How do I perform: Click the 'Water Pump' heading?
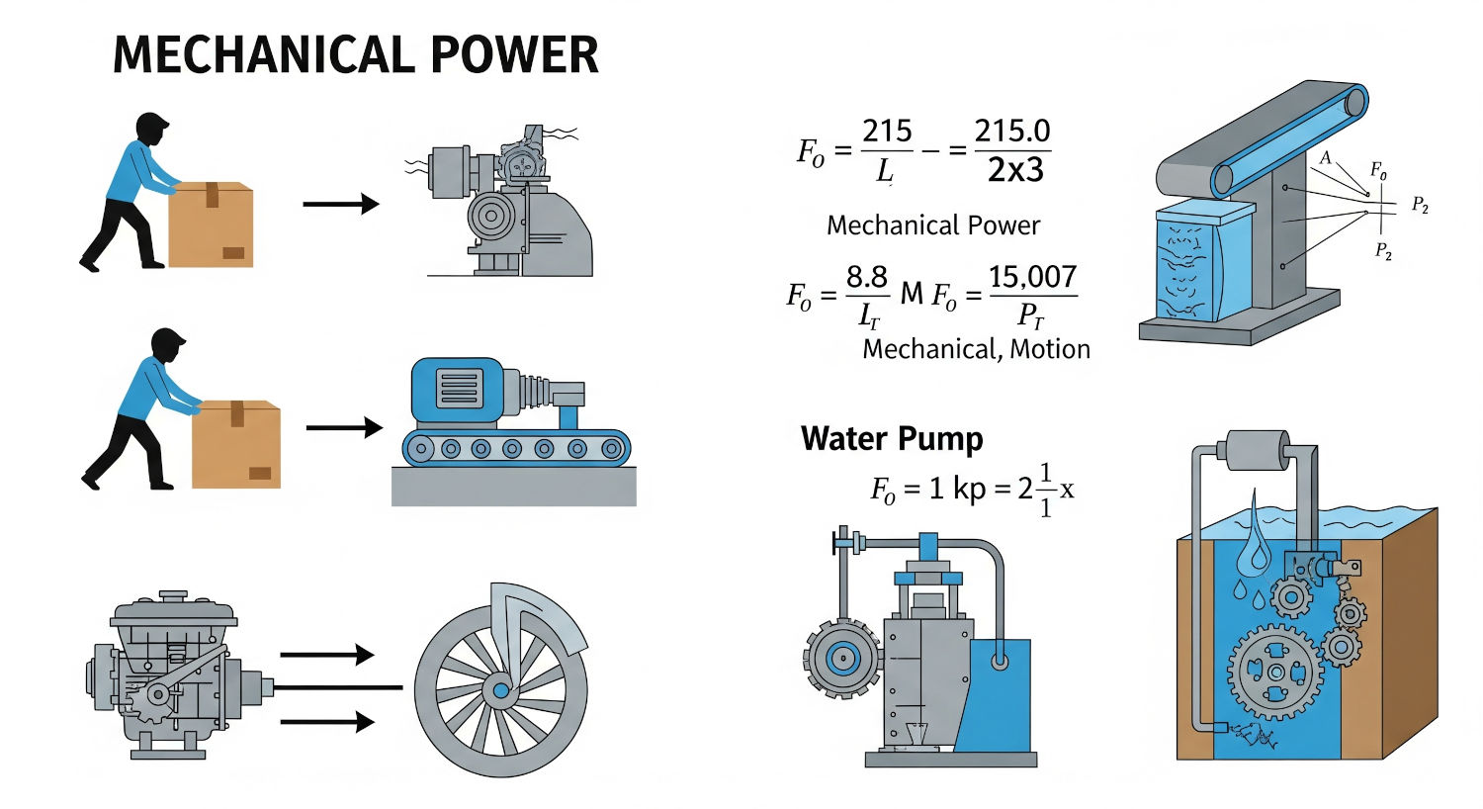tap(892, 438)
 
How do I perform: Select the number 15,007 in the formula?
tap(1032, 277)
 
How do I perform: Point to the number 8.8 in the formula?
tap(866, 277)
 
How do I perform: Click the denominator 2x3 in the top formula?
tap(1015, 170)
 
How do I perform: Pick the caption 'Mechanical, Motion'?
tap(976, 349)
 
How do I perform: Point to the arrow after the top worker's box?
tap(341, 205)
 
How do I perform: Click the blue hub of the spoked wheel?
tap(500, 689)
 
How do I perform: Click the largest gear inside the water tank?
tap(1275, 672)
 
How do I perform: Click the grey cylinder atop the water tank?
tap(1256, 450)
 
